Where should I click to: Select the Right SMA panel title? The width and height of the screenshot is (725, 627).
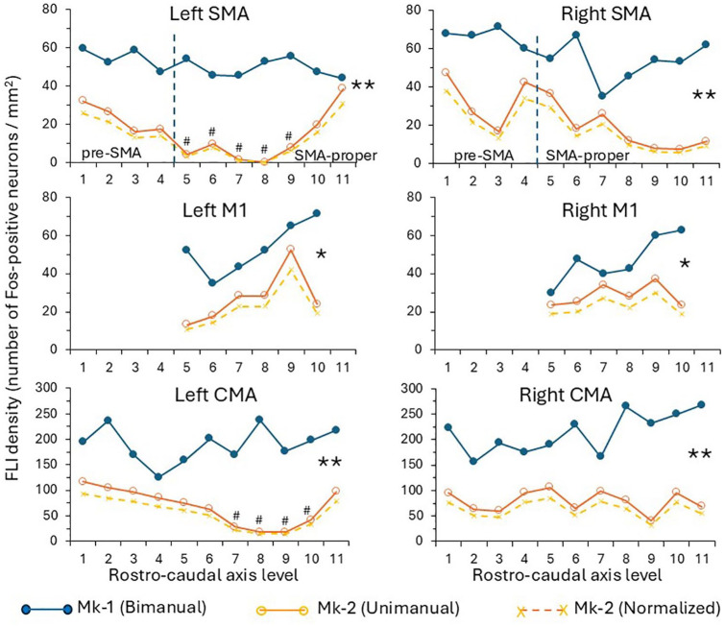pyautogui.click(x=576, y=15)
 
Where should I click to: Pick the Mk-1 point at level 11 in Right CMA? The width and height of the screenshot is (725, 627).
pyautogui.click(x=680, y=404)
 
